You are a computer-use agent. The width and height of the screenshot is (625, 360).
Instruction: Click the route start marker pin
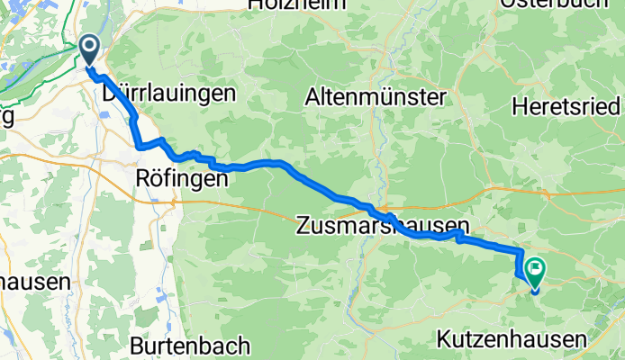(x=90, y=50)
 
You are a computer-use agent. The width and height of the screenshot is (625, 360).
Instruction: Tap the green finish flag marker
(x=536, y=270)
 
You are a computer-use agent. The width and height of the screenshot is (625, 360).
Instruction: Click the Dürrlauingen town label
(x=168, y=94)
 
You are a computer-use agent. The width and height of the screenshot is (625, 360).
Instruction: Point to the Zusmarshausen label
(x=383, y=226)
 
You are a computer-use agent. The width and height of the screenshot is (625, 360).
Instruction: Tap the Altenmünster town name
(x=376, y=96)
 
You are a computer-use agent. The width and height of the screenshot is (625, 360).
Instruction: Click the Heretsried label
(x=567, y=106)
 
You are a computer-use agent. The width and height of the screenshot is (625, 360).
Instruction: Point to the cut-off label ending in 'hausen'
(x=34, y=282)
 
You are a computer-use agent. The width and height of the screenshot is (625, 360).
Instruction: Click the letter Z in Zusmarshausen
(x=303, y=226)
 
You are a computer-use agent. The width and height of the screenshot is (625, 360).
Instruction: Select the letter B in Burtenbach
(x=137, y=345)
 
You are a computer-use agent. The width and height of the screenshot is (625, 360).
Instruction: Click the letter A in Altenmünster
(x=312, y=96)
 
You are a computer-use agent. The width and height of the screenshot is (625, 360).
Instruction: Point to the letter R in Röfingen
(x=141, y=178)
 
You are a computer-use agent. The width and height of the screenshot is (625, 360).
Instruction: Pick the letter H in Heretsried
(x=518, y=106)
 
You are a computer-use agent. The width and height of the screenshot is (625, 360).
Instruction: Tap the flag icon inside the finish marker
(x=537, y=266)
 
